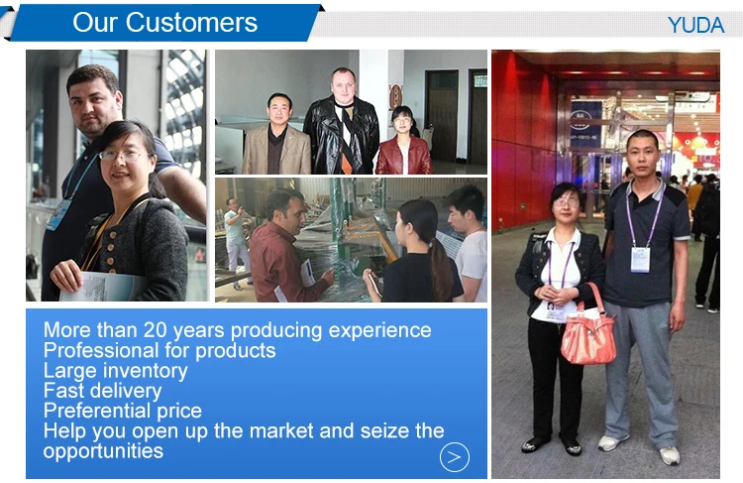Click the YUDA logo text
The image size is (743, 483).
click(x=695, y=25)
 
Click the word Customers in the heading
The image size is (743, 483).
click(x=191, y=22)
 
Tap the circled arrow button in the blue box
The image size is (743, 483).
click(x=455, y=457)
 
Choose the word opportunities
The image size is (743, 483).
click(x=103, y=451)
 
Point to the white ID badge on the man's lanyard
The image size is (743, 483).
click(x=640, y=260)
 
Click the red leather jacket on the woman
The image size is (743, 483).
click(x=404, y=155)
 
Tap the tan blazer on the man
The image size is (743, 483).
click(x=276, y=150)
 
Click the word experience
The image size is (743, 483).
click(x=379, y=330)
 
